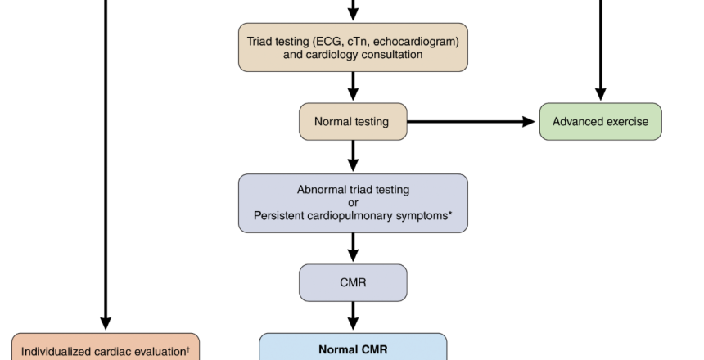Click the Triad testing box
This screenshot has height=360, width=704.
353,47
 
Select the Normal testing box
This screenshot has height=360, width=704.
353,122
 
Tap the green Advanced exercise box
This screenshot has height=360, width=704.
600,122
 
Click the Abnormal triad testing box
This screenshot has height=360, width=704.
353,202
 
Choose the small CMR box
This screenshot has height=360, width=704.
353,282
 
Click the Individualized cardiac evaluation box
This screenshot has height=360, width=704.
106,347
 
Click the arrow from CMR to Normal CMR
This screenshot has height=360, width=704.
353,316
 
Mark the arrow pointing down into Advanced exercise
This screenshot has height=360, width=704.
600,49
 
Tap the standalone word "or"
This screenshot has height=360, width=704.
353,202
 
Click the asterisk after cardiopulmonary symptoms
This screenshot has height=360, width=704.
454,214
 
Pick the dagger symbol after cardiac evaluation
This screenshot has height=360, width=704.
188,349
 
